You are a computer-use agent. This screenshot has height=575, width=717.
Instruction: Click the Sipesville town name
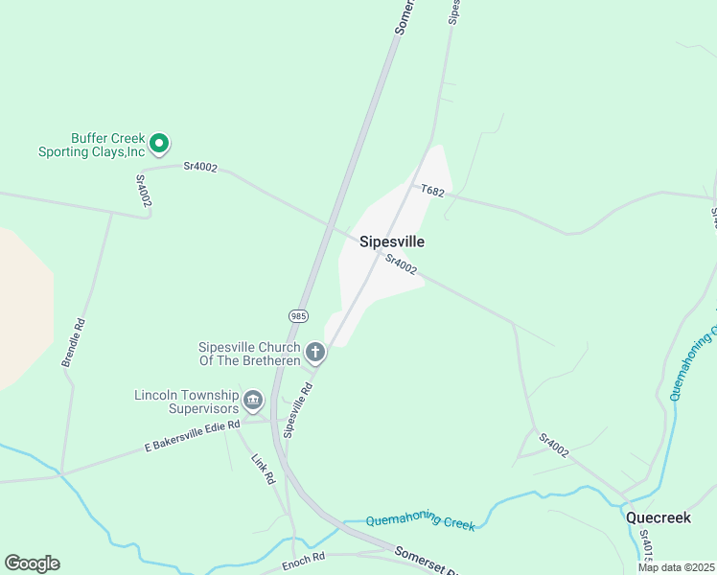pyautogui.click(x=391, y=242)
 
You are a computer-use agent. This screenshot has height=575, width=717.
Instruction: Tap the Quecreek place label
pyautogui.click(x=659, y=517)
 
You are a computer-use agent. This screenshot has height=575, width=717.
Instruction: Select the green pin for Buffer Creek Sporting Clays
pyautogui.click(x=160, y=144)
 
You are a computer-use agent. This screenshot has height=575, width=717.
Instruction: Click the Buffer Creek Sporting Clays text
pyautogui.click(x=91, y=145)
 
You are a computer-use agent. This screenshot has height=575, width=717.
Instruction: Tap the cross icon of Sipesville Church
pyautogui.click(x=314, y=354)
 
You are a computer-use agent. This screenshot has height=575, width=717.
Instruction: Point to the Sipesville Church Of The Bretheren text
pyautogui.click(x=249, y=354)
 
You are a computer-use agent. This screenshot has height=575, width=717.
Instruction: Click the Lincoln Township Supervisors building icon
pyautogui.click(x=253, y=400)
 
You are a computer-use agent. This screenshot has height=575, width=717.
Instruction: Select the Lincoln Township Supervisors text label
pyautogui.click(x=186, y=402)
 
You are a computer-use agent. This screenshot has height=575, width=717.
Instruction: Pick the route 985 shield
pyautogui.click(x=297, y=315)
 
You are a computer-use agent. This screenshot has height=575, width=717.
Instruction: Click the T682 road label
pyautogui.click(x=432, y=191)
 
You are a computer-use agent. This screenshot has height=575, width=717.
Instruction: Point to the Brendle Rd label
pyautogui.click(x=74, y=342)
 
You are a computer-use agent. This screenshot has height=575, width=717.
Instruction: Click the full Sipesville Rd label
pyautogui.click(x=298, y=410)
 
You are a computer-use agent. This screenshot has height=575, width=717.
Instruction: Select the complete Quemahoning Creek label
pyautogui.click(x=421, y=519)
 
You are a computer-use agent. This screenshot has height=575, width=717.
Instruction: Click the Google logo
pyautogui.click(x=32, y=563)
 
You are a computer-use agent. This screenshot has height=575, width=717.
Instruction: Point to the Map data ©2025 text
pyautogui.click(x=675, y=567)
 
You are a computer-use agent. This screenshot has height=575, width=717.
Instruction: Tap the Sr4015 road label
pyautogui.click(x=645, y=546)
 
